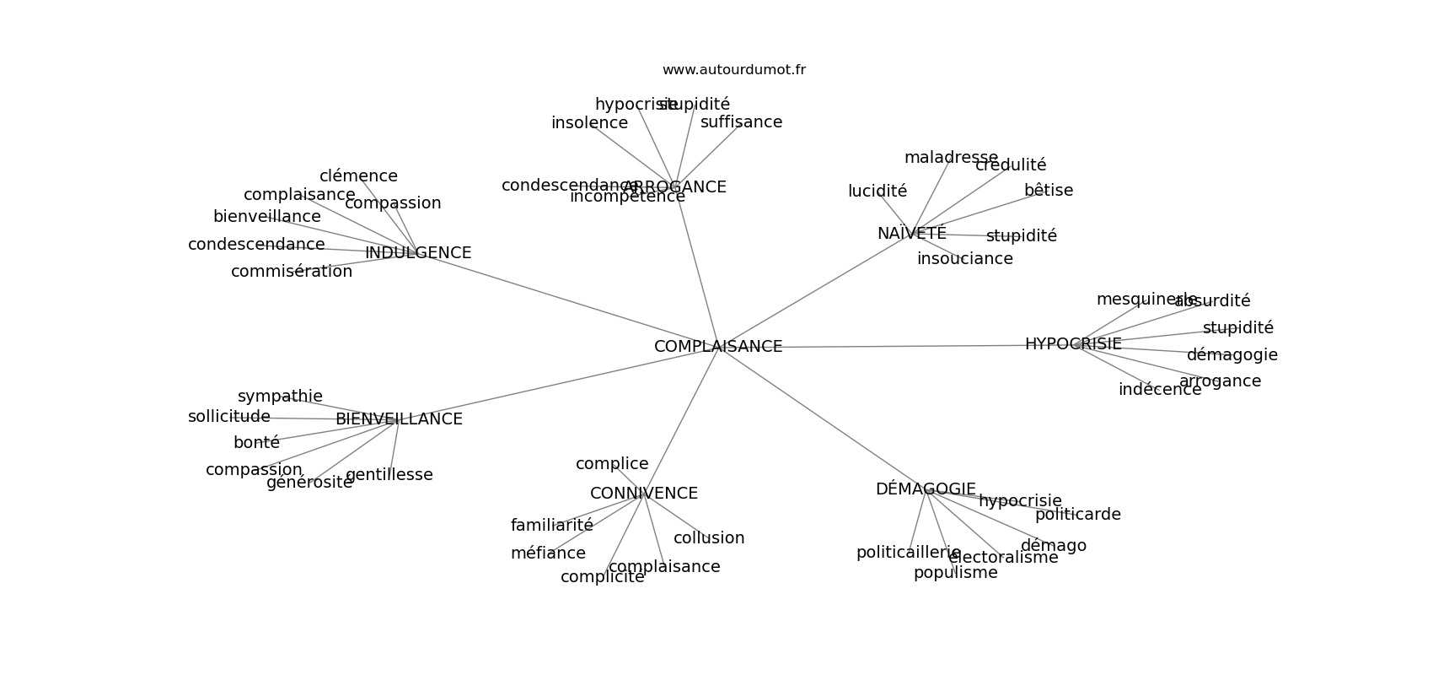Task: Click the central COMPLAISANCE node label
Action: [x=718, y=347]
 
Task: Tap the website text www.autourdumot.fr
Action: [x=733, y=70]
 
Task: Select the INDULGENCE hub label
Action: [x=418, y=253]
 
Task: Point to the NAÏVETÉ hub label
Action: [x=911, y=234]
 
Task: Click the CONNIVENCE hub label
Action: [x=644, y=494]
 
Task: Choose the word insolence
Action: [x=589, y=123]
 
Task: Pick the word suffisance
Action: [x=741, y=122]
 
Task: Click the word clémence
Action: [x=358, y=176]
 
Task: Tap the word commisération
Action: [x=292, y=272]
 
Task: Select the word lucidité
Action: [x=878, y=192]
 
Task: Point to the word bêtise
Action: [x=1049, y=191]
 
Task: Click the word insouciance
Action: [x=965, y=259]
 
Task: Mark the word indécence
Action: [x=1160, y=390]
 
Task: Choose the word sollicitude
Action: [x=229, y=417]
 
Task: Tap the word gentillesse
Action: [x=389, y=475]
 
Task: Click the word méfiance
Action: [x=548, y=553]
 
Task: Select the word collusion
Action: [x=709, y=538]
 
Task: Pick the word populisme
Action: [x=955, y=573]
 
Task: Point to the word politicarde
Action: [x=1078, y=515]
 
